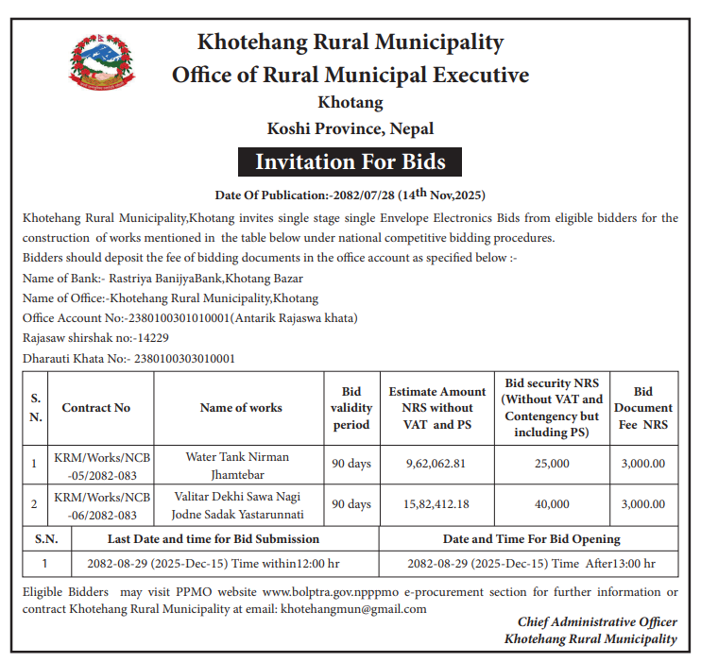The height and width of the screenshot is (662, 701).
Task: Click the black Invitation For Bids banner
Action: pos(350,161)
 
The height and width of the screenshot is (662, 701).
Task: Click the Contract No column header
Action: pos(96,408)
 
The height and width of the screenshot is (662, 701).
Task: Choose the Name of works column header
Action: pos(241,408)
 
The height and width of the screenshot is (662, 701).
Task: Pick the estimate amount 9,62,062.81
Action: pos(437,464)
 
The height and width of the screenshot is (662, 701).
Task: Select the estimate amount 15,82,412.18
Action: pos(437,504)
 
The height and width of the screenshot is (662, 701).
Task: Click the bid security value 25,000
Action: pos(552,464)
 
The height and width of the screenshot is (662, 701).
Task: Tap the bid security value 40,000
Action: pos(552,504)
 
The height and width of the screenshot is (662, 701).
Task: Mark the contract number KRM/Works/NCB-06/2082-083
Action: pos(102,505)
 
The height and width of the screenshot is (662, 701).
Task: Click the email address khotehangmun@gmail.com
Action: pos(353,609)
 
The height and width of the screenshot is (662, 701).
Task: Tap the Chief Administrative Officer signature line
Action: pos(597,622)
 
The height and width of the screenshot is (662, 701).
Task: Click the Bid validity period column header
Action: pos(351,408)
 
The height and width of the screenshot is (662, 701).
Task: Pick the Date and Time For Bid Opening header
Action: pos(531,539)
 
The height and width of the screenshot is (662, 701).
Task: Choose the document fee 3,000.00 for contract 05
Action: pos(643,464)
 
